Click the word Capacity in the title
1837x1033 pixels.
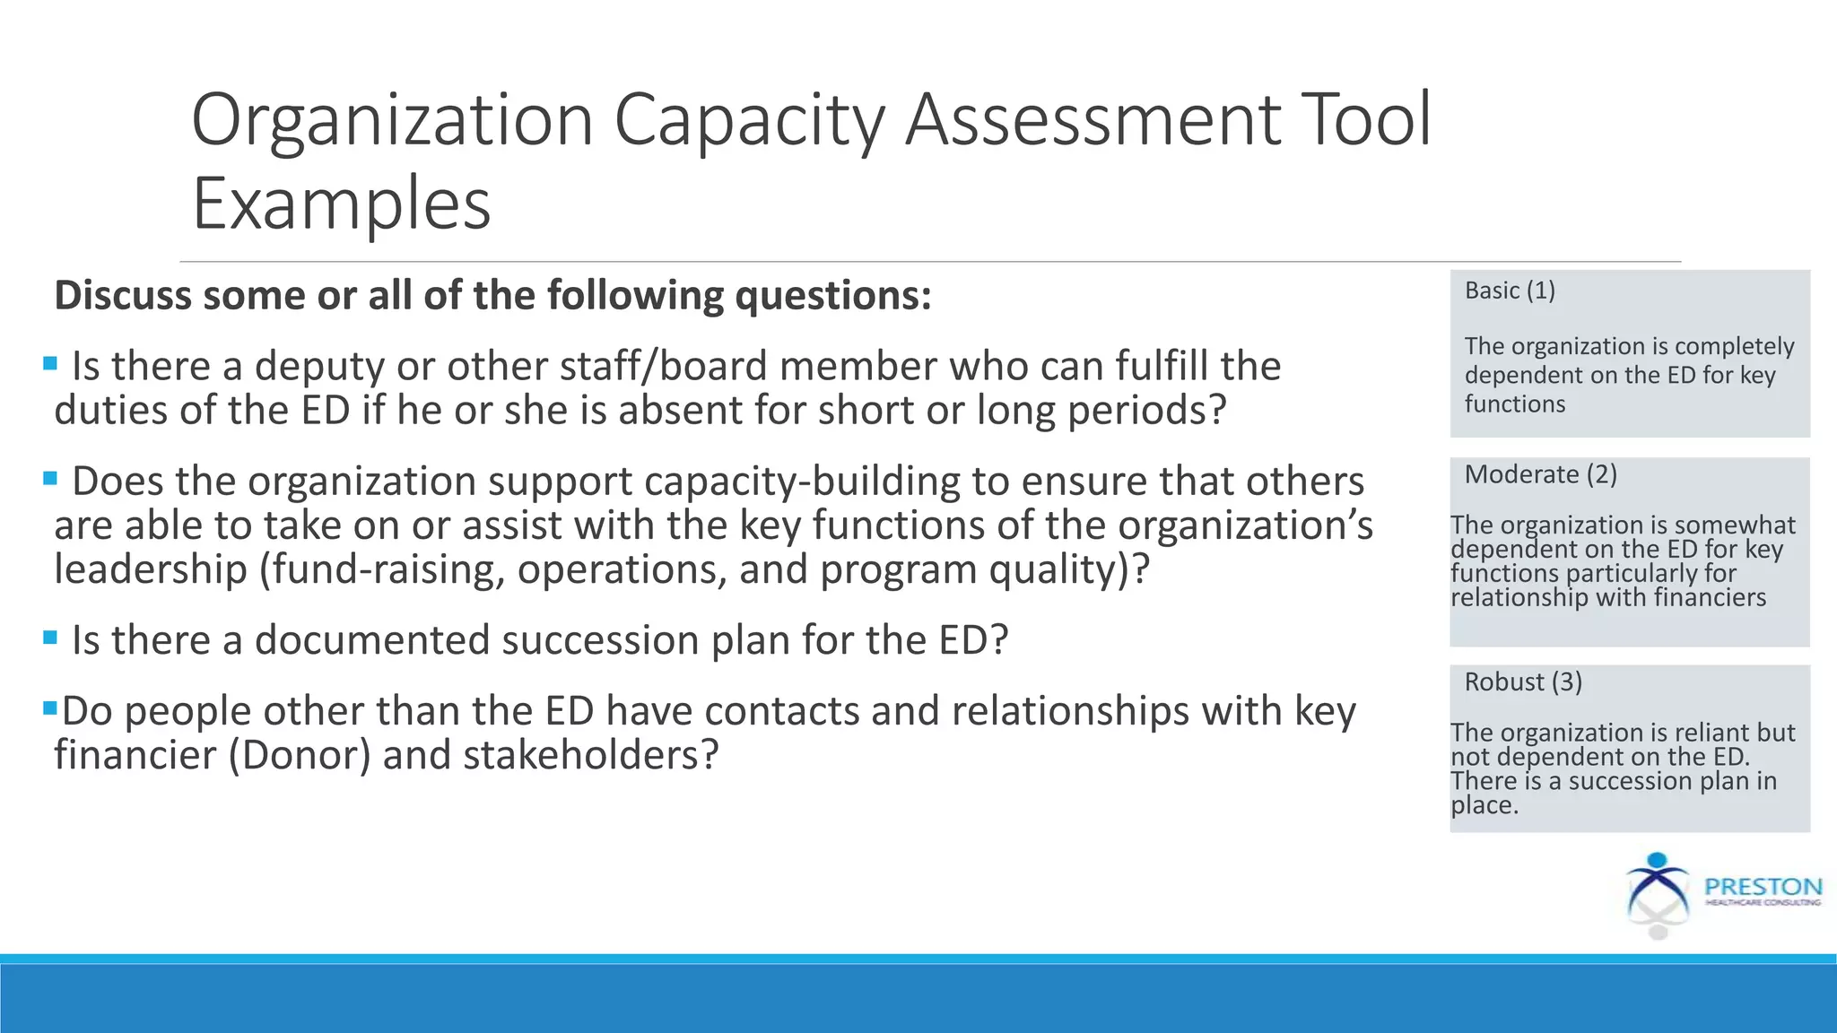point(749,121)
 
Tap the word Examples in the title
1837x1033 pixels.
point(342,204)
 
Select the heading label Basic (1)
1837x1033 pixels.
point(1510,291)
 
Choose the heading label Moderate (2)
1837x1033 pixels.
point(1540,474)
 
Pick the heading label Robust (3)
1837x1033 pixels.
point(1523,682)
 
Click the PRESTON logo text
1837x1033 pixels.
point(1763,887)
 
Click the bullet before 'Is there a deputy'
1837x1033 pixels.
point(50,364)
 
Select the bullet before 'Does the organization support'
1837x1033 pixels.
point(50,479)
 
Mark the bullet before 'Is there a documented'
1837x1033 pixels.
point(50,638)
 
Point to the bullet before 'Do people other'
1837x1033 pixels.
point(50,708)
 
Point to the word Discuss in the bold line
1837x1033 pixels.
point(123,296)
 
